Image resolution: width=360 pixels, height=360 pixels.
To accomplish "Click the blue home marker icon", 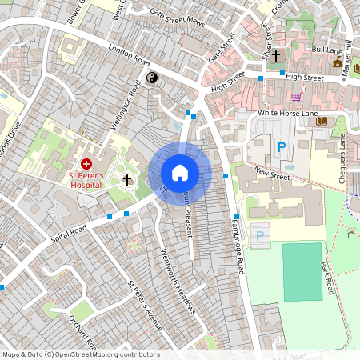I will (x=180, y=173).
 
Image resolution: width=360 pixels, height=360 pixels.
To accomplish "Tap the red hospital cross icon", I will (x=86, y=162).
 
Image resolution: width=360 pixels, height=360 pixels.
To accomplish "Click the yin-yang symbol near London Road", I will (x=151, y=78).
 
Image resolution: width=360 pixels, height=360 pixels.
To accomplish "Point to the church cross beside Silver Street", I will (x=276, y=56).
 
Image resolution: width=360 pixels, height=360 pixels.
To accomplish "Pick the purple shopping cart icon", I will (x=297, y=97).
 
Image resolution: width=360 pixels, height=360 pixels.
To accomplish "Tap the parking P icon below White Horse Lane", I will (x=281, y=147).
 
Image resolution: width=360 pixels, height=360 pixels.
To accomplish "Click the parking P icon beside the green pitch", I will (x=261, y=235).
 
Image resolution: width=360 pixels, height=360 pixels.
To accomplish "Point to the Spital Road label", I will (x=69, y=234).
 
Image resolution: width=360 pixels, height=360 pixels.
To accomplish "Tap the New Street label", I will (x=271, y=172).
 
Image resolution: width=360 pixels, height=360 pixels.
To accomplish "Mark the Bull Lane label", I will (x=326, y=50).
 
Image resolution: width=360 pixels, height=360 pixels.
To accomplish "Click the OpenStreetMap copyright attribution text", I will (x=80, y=354).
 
